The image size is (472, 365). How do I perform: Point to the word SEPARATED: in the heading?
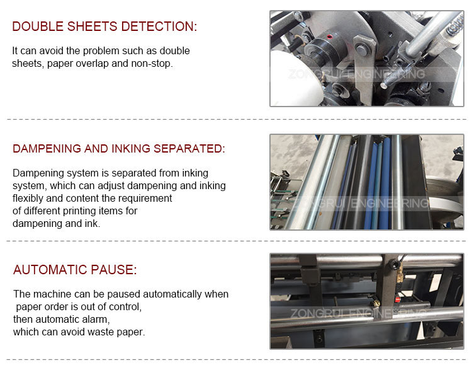[x=189, y=148]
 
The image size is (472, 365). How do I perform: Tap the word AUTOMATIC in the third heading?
[x=50, y=270]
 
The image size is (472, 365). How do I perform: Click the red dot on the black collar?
[x=330, y=37]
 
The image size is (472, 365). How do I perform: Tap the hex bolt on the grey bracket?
[x=361, y=49]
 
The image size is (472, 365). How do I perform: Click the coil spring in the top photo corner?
[x=456, y=23]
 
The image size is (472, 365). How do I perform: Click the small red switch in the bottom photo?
[x=397, y=299]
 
